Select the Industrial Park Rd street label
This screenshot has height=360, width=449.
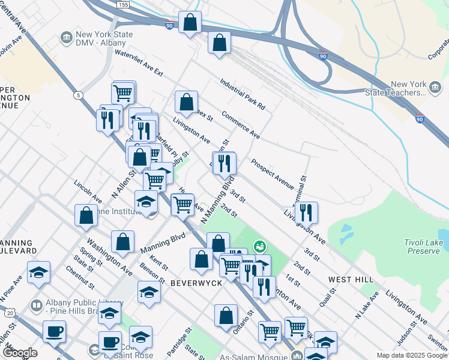pyautogui.click(x=242, y=95)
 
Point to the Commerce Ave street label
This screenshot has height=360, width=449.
pyautogui.click(x=240, y=124)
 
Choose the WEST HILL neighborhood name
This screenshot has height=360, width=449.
pyautogui.click(x=351, y=280)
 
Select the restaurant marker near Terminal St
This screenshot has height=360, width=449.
pyautogui.click(x=306, y=212)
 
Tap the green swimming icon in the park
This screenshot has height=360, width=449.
pyautogui.click(x=259, y=246)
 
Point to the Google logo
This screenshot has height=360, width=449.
pyautogui.click(x=19, y=353)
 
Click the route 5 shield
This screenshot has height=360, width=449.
pyautogui.click(x=78, y=95)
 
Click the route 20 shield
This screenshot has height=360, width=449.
pyautogui.click(x=10, y=313)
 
